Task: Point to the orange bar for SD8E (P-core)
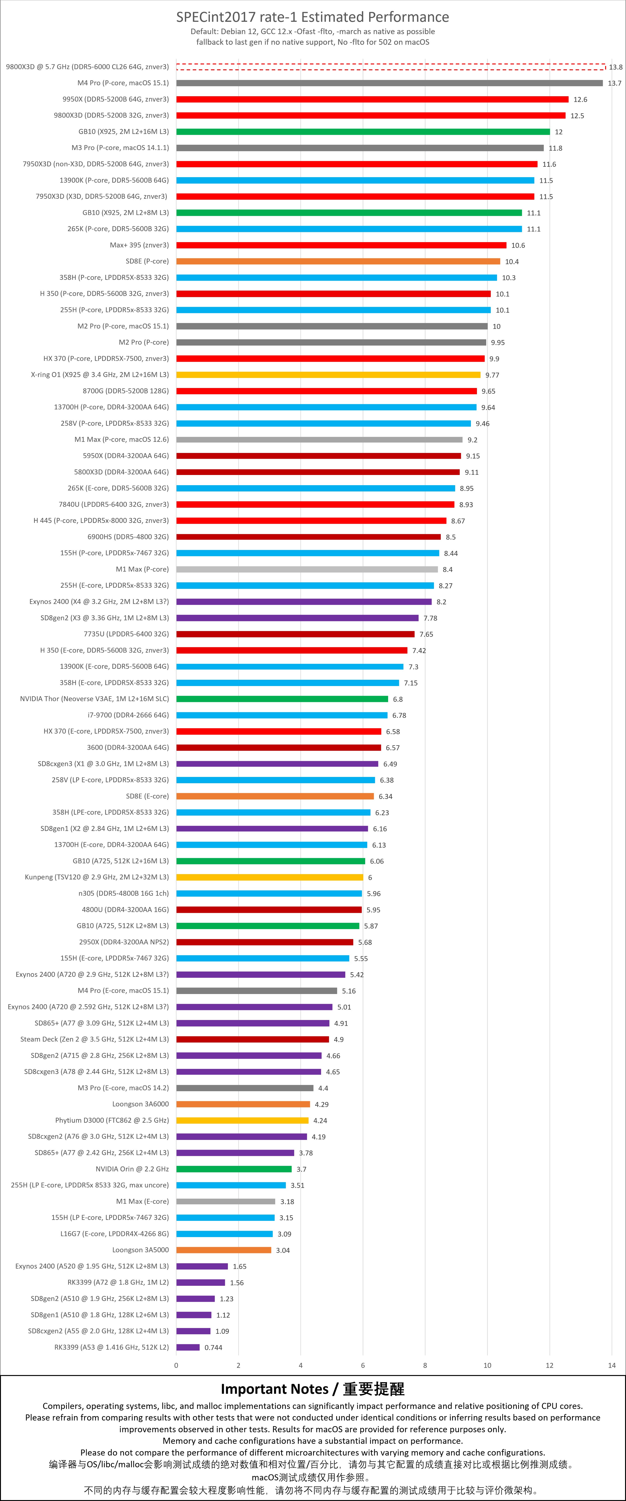[x=338, y=261]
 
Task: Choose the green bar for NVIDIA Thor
[x=282, y=699]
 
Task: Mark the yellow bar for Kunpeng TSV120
[x=270, y=877]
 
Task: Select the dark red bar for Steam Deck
[x=252, y=1039]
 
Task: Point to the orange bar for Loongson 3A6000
[x=243, y=1104]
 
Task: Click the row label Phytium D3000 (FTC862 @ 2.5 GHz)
[x=112, y=1120]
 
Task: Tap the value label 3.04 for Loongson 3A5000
[x=282, y=1250]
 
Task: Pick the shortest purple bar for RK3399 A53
[x=188, y=1347]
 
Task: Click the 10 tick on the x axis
[x=487, y=1365]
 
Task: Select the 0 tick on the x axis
[x=176, y=1365]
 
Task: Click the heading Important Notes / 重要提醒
[x=313, y=1389]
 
